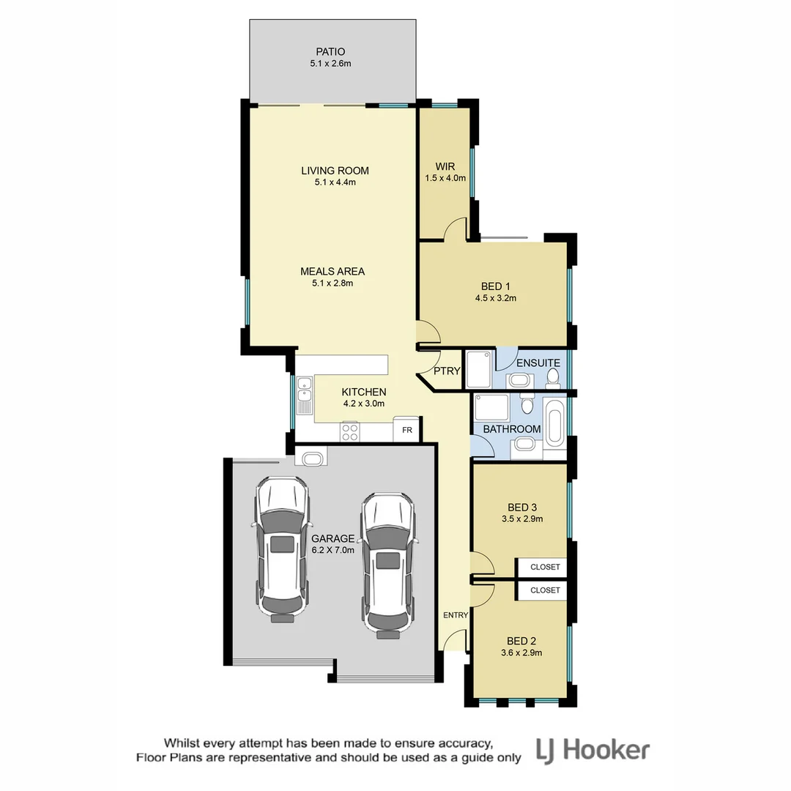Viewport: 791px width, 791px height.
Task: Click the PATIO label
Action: tap(330, 52)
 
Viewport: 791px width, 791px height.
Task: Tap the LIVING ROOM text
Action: tap(335, 171)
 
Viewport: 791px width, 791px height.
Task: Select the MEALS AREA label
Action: tap(332, 271)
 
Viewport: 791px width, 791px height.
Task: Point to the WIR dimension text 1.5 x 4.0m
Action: tap(445, 177)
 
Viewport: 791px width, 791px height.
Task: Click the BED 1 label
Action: tap(492, 286)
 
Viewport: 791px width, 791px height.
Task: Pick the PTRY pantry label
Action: tap(447, 371)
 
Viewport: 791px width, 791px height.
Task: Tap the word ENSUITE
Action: tap(538, 363)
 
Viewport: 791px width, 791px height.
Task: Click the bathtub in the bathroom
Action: tap(554, 425)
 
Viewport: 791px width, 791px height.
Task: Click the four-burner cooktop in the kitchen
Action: tap(350, 432)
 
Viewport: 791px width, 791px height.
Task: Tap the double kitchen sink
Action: tap(305, 395)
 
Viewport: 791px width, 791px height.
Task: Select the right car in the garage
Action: tap(387, 560)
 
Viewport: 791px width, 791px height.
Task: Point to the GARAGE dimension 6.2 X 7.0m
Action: tap(333, 550)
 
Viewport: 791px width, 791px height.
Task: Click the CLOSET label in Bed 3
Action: tap(544, 567)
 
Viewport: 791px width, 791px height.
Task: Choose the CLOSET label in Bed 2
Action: tap(544, 590)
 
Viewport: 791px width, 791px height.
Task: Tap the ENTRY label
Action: tap(455, 615)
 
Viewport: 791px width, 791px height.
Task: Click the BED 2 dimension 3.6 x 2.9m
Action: tap(521, 653)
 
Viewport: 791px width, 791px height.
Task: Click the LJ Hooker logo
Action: tap(593, 749)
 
